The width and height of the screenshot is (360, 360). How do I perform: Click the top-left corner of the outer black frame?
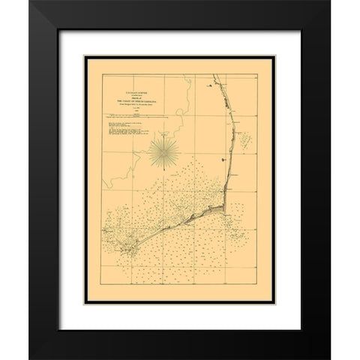pos(31,2)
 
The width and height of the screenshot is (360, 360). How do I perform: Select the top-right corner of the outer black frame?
pos(330,2)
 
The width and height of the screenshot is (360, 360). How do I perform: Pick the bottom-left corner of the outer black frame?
pos(31,358)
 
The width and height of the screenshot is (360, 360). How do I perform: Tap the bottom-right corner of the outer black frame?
pos(330,358)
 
